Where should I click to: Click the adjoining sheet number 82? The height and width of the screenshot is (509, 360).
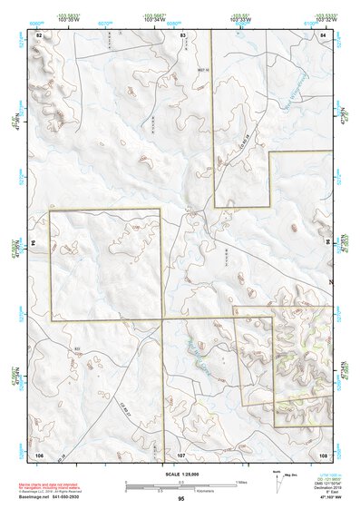coord(39,34)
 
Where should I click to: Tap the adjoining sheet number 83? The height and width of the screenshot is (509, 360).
coord(183,34)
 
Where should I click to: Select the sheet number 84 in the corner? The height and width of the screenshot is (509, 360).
coord(324,34)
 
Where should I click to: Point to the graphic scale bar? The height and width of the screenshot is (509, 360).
coord(180,483)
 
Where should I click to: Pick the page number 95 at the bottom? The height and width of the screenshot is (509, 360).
coord(181,499)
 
